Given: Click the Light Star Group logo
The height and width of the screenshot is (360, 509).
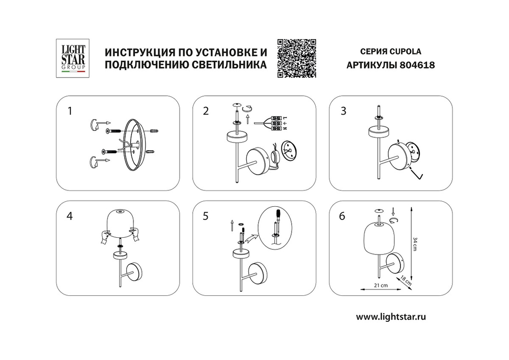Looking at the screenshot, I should [73, 58].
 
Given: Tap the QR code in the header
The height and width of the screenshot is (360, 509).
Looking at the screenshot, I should [297, 58].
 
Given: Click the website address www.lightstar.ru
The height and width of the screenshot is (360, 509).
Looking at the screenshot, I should [390, 317].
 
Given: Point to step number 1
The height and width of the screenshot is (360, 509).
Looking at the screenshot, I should [71, 110].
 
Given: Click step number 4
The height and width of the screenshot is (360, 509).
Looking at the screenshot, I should [70, 216].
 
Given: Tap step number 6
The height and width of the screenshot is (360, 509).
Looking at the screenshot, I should [343, 216].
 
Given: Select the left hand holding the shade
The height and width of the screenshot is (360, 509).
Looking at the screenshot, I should [106, 235].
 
